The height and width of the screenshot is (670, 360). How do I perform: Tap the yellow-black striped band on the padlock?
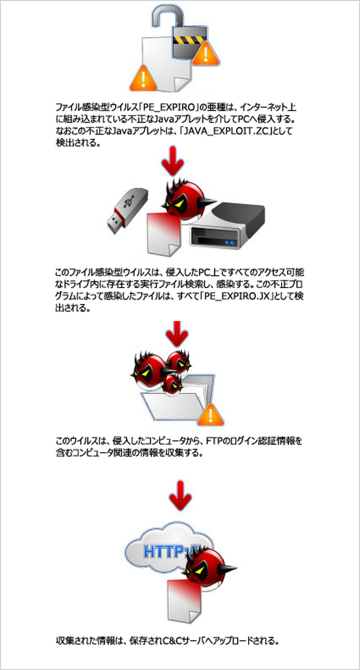pos(189,41)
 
